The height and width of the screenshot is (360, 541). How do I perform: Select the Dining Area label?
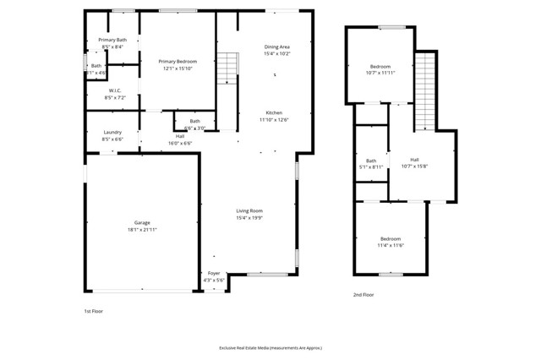click(x=277, y=47)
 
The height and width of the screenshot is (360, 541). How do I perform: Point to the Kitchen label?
click(x=274, y=112)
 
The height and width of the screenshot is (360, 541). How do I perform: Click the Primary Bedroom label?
click(x=178, y=62)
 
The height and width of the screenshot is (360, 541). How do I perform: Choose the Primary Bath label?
click(x=112, y=40)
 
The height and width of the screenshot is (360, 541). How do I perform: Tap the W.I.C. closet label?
click(x=115, y=90)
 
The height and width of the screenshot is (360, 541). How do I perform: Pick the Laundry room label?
click(x=112, y=132)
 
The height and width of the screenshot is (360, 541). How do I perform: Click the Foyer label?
click(x=214, y=273)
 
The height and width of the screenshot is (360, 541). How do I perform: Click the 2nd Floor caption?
click(x=363, y=295)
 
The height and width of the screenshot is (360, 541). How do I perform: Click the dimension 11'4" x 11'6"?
click(x=391, y=245)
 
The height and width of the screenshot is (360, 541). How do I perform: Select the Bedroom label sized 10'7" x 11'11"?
click(x=380, y=66)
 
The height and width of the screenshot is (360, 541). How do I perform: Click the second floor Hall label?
click(x=414, y=159)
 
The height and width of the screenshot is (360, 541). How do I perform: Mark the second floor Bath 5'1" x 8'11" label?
click(x=371, y=161)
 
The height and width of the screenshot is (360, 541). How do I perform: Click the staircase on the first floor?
click(x=227, y=68)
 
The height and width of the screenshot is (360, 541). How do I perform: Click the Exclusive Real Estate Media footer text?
click(x=270, y=347)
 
